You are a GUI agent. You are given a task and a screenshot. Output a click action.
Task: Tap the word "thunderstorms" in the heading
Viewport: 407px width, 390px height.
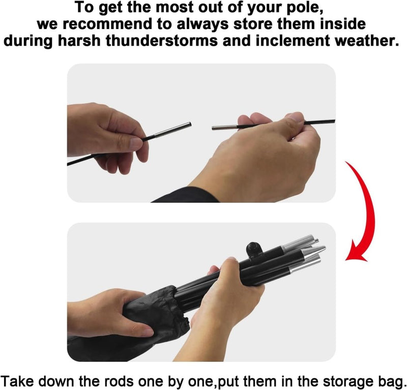pos(162,41)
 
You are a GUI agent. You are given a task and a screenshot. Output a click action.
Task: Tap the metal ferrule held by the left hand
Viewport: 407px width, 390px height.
pos(173,129)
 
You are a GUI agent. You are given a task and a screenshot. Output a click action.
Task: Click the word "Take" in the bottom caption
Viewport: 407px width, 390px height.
pos(17,381)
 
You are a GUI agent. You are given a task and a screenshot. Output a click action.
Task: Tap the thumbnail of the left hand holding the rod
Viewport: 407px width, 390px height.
pos(136,143)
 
